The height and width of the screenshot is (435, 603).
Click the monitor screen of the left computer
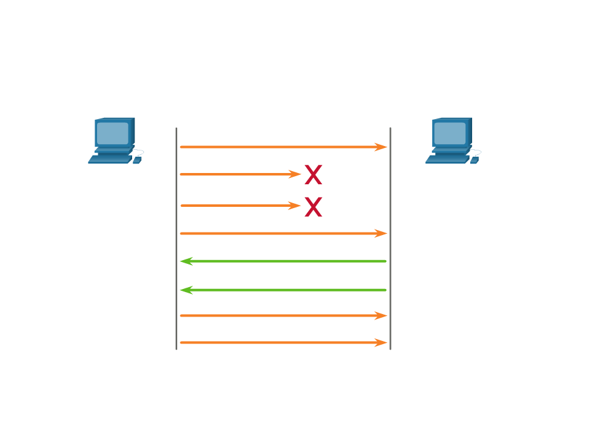coord(113,132)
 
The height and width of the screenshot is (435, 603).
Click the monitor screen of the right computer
coord(450,133)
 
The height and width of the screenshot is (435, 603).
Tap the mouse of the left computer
coord(137,160)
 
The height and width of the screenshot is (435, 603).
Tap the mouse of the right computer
coord(474,160)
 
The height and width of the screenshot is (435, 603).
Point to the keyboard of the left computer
coord(110,159)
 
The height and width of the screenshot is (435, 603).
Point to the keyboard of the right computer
coord(447,159)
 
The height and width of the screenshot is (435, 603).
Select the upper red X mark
coord(313,175)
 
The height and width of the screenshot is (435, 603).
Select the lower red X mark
coord(313,206)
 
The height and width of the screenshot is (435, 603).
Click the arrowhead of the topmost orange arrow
coord(381,147)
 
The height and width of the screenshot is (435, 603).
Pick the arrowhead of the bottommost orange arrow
coord(381,343)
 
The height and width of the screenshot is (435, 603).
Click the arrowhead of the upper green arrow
coord(186,261)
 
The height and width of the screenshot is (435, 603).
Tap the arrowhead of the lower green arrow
coord(186,290)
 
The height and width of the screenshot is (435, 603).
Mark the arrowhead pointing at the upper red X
coord(295,174)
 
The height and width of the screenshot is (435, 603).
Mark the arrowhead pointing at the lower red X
coord(295,206)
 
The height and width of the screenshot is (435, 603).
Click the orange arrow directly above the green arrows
coord(282,234)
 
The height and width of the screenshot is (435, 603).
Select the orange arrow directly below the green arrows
coord(282,316)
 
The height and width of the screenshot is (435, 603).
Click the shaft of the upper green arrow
coord(288,261)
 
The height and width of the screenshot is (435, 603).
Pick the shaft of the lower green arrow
coord(288,290)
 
